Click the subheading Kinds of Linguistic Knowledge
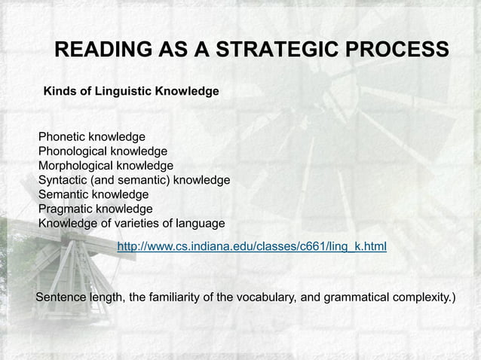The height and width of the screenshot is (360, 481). pyautogui.click(x=131, y=91)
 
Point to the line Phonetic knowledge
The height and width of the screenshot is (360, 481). pyautogui.click(x=91, y=137)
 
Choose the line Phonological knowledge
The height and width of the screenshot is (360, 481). pyautogui.click(x=103, y=151)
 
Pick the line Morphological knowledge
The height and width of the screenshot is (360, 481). pyautogui.click(x=106, y=166)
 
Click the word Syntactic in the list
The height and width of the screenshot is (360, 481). pyautogui.click(x=63, y=180)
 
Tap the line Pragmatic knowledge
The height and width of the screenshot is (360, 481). pyautogui.click(x=95, y=209)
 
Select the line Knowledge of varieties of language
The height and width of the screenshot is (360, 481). pyautogui.click(x=131, y=223)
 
